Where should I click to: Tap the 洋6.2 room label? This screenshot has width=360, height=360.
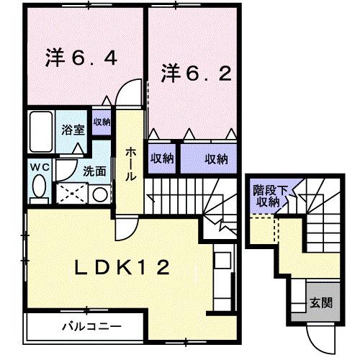195,73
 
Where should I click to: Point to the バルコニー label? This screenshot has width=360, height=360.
90,326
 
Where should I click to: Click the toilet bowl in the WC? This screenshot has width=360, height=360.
38,189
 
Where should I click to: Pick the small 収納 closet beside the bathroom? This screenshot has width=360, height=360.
102,122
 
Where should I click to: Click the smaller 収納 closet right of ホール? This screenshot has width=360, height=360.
163,158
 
